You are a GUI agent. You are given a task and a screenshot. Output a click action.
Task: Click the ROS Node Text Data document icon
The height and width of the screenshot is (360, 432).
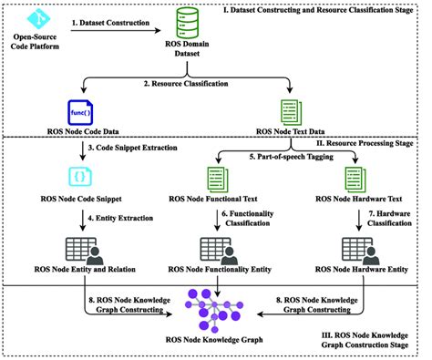point(291,112)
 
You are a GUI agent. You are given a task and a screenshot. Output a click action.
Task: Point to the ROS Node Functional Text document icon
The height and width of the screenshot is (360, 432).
point(221,177)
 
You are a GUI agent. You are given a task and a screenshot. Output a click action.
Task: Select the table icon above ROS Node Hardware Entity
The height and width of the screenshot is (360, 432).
point(352,248)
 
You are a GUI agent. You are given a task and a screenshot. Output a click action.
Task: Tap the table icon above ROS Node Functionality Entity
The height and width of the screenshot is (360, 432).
point(215,248)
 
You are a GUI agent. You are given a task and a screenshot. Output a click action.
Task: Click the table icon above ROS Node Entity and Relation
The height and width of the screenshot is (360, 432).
point(79,248)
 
